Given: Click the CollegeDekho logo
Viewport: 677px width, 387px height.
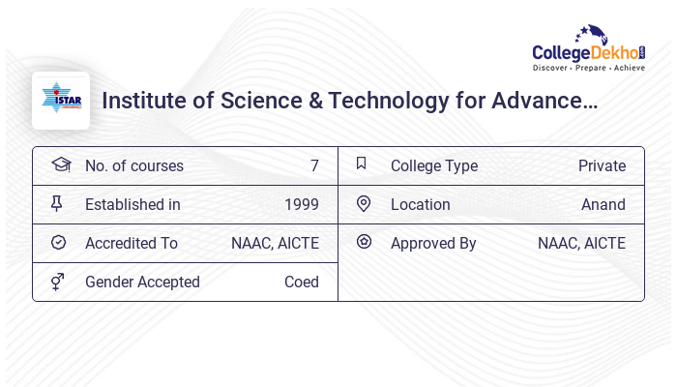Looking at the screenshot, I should coord(589,49).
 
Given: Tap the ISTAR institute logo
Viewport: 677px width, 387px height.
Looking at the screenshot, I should coord(61,101).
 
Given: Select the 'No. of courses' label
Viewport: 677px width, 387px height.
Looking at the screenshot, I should coord(133,165).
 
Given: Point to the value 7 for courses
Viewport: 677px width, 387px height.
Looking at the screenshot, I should coord(314,165).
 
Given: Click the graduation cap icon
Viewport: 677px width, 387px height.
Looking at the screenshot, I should coord(60,164).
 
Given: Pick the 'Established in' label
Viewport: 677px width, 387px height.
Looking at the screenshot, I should coord(132,204).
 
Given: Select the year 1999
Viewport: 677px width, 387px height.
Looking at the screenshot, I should coord(301,204).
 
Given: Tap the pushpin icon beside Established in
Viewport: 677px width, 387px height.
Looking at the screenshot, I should coord(57,203).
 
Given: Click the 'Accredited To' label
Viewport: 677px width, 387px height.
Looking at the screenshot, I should coord(132,243).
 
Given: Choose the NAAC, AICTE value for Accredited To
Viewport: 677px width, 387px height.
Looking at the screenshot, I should coord(275,243).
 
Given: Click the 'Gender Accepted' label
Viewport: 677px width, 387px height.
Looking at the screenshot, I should coord(142,282).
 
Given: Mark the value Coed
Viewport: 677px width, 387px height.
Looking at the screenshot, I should coord(301,282).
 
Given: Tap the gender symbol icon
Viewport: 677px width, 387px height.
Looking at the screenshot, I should coord(58,282).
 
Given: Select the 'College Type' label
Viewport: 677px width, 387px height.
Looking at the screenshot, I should coord(433,165).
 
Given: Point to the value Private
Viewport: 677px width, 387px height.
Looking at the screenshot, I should coord(602,165).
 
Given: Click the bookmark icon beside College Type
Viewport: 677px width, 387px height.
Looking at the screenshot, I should coord(361,164).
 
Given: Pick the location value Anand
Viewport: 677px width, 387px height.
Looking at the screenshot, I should coord(603,204).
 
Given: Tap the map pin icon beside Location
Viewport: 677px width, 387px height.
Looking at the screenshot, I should coord(364,203).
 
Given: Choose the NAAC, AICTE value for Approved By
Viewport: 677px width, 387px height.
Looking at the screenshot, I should coord(581,243).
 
